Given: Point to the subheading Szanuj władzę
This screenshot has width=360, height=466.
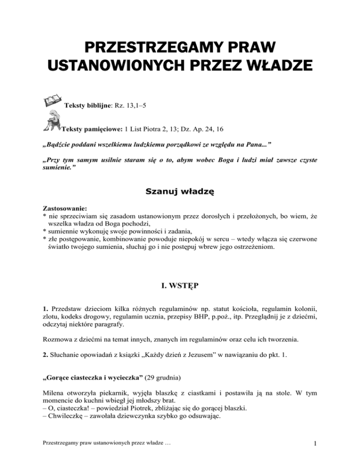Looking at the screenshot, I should (x=180, y=191).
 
